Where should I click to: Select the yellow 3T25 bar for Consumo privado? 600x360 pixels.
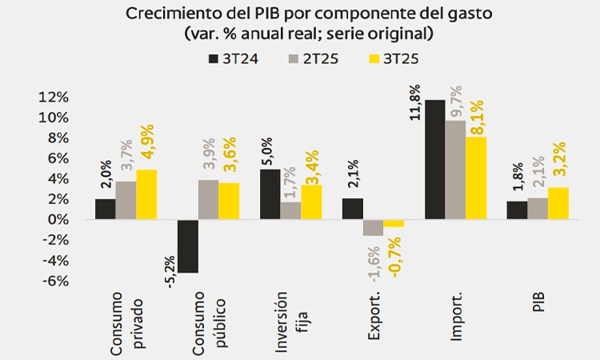tap(146, 194)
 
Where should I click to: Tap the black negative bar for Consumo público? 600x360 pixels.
tap(188, 246)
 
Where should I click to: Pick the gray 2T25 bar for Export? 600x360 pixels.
tap(373, 227)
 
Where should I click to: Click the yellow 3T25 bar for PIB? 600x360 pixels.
tap(558, 203)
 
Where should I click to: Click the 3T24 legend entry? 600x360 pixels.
tap(231, 58)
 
